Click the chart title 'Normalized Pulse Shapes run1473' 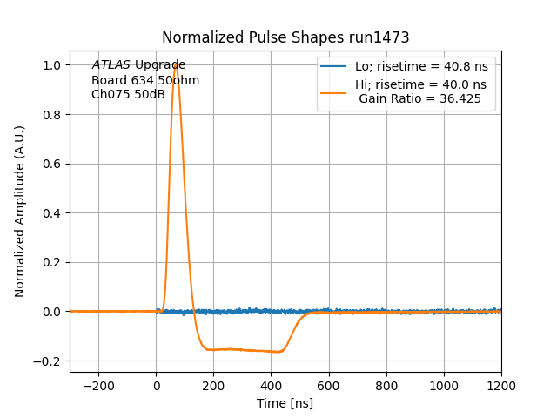pos(285,38)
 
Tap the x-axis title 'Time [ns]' pos(285,403)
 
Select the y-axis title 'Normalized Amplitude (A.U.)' pos(20,211)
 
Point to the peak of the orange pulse pos(176,65)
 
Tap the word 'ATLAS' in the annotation pos(111,65)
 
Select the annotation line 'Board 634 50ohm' pos(145,80)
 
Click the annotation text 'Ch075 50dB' pos(128,94)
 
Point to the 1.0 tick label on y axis pos(52,65)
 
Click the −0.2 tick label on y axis pos(49,361)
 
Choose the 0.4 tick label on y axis pos(52,213)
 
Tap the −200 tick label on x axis pos(98,385)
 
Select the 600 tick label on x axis pos(329,385)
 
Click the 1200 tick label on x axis pos(501,385)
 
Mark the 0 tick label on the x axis pos(157,385)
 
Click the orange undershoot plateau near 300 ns pos(243,349)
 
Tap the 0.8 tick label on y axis pos(52,115)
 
